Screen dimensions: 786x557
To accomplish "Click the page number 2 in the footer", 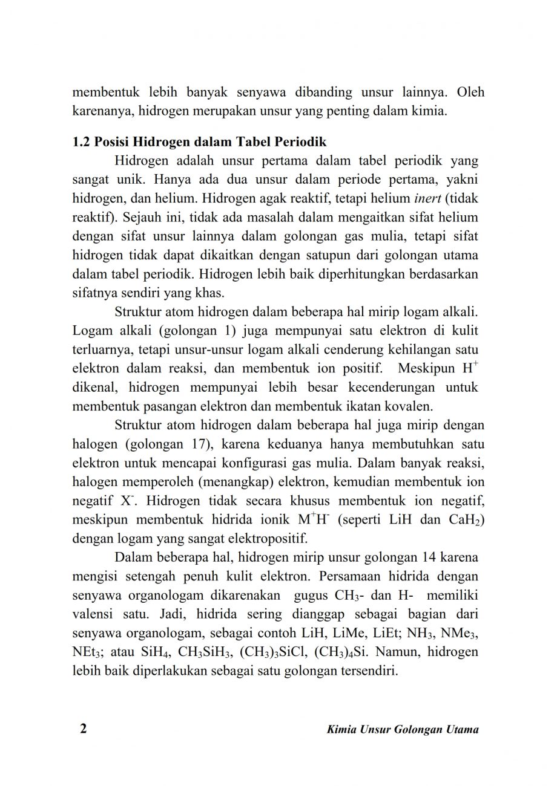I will click(x=84, y=728).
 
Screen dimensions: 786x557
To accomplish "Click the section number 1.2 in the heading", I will click(x=81, y=143).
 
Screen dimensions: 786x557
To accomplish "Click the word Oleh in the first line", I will click(x=470, y=93).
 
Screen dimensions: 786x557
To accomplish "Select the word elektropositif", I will click(x=266, y=538).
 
